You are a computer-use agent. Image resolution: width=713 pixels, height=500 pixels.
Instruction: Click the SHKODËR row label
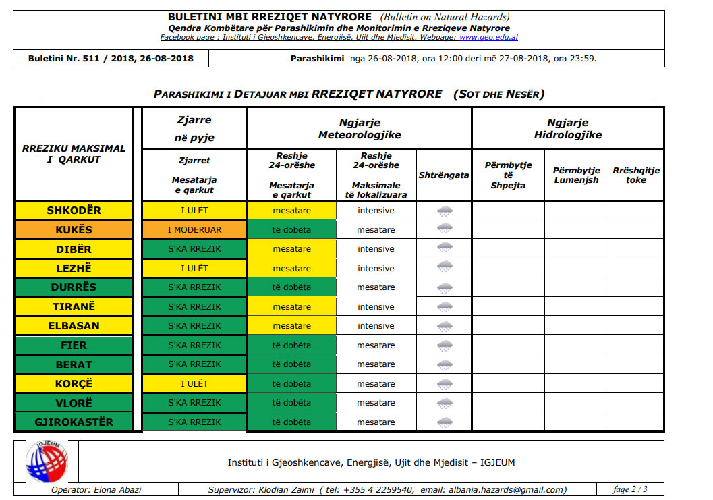pos(74,211)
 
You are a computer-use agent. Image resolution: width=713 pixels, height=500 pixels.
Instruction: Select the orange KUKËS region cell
pos(74,229)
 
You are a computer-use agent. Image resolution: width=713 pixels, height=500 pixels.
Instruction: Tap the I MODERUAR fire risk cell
pos(194,229)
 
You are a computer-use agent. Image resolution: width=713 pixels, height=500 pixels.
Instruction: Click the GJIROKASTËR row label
pos(74,422)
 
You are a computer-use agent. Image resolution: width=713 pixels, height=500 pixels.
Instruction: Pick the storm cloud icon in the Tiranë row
pos(445,307)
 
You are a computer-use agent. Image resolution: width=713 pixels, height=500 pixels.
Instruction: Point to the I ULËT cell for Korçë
pos(194,384)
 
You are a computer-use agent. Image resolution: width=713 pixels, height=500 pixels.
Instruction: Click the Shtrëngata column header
pos(443,175)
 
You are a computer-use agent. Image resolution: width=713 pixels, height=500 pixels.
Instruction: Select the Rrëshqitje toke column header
pos(635,175)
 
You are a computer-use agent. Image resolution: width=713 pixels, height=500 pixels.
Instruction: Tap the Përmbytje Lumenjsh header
pos(575,175)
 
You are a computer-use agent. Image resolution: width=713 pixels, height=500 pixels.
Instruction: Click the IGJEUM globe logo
pos(47,462)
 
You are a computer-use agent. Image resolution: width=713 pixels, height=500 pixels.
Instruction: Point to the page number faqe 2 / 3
pos(629,490)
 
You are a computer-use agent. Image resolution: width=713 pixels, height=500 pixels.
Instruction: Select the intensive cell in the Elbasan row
pos(376,326)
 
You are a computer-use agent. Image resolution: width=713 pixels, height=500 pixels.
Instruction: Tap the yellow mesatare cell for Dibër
pos(291,249)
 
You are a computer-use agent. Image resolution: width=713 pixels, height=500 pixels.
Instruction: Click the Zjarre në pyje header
pos(194,128)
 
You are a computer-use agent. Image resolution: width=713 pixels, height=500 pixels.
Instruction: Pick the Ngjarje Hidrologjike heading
pos(567,128)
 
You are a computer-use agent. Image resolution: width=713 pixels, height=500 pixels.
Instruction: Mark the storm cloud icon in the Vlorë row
pos(445,404)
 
